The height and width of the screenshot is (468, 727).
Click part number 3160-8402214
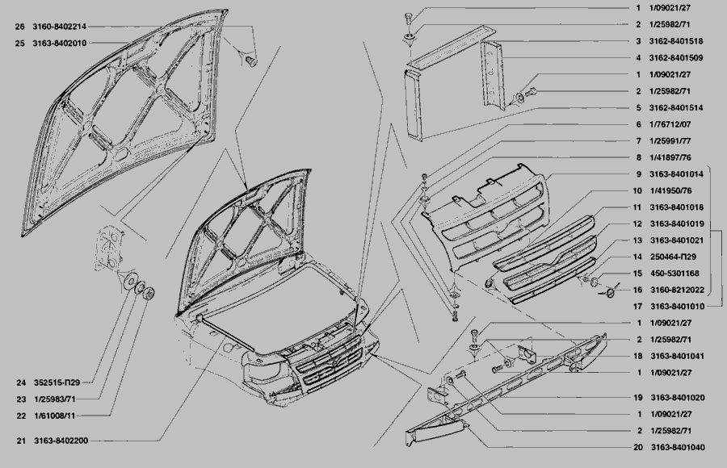tap(59, 27)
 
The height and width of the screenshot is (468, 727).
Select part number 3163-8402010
tap(59, 44)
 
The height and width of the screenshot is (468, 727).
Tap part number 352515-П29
tap(57, 382)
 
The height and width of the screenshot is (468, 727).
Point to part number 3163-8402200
tap(61, 441)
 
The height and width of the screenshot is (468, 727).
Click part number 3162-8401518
tap(676, 41)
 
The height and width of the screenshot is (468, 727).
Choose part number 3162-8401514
tap(676, 108)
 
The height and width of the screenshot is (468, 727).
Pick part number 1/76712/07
tap(670, 124)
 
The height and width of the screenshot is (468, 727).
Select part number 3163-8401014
tap(676, 174)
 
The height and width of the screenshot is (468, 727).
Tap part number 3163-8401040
tap(678, 448)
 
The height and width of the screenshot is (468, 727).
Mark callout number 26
tap(19, 27)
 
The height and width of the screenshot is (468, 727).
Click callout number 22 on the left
tap(21, 416)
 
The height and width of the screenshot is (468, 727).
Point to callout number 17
tap(637, 307)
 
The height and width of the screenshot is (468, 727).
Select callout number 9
tap(638, 174)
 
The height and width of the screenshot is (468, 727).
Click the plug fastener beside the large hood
tap(251, 61)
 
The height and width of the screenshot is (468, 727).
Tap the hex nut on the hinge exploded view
tap(149, 294)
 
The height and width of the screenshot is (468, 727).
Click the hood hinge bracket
tap(109, 248)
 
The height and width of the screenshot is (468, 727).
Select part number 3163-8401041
tap(678, 357)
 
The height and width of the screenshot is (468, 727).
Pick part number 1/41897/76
tap(670, 157)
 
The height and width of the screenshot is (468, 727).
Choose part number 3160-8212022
tap(678, 290)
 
